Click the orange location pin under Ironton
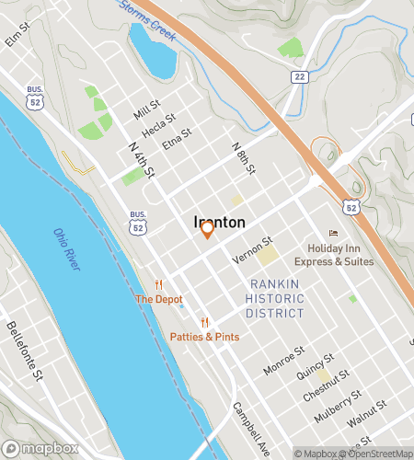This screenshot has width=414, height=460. [x=208, y=230]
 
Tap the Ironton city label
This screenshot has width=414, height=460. [x=219, y=222]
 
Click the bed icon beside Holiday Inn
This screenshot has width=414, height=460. [x=333, y=233]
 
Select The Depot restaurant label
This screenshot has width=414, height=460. [x=158, y=299]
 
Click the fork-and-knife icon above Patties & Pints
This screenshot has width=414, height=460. [x=205, y=322]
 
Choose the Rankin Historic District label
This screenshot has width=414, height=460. [x=276, y=299]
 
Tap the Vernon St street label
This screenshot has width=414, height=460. [x=254, y=250]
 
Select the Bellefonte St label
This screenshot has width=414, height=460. [x=25, y=349]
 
